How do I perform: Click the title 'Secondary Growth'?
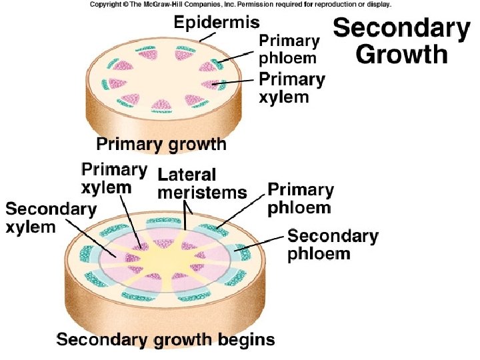401,41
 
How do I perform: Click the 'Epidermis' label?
216,23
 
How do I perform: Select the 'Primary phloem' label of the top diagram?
289,49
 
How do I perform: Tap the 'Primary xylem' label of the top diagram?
292,88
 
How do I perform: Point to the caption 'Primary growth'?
161,144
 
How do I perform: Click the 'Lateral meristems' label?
202,184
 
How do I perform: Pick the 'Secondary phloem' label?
332,245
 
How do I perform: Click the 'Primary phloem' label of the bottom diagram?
300,198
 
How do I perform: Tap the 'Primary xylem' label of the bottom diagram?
113,178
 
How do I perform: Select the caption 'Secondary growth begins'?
165,340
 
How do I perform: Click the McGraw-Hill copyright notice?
240,4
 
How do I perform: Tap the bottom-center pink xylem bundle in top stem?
162,106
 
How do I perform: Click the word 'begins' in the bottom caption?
247,340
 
